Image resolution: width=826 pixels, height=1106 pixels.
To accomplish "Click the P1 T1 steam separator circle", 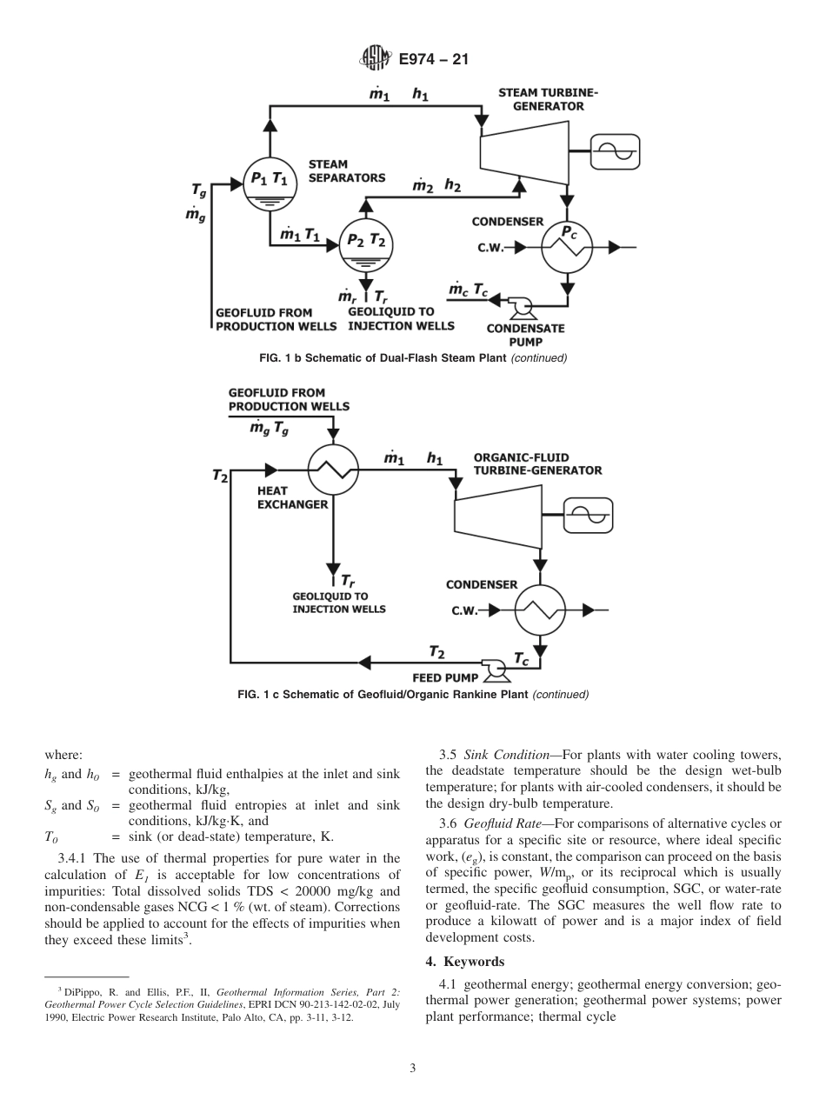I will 269,183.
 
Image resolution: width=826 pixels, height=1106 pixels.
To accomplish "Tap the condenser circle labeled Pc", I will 567,247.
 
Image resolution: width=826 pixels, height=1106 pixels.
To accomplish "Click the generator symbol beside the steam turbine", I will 615,152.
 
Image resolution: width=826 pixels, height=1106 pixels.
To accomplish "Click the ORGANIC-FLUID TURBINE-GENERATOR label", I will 536,463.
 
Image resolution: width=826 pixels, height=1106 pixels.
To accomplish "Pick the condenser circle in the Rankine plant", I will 540,610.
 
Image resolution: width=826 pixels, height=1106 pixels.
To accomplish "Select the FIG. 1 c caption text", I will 413,694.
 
